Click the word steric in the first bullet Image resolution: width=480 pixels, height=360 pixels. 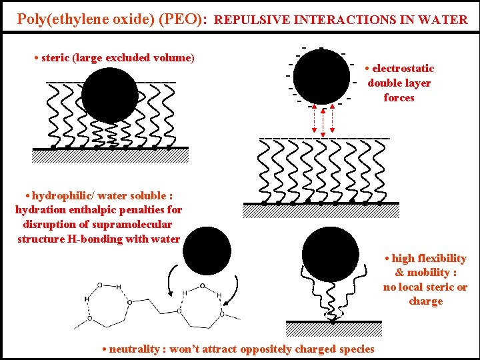coord(55,58)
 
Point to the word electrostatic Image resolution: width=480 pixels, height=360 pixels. coord(403,69)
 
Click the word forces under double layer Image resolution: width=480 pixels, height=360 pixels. coord(399,98)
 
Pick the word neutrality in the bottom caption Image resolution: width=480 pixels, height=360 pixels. coord(134,349)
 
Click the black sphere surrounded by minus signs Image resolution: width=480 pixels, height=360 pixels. coord(321,75)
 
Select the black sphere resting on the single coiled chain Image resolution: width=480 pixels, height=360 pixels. coord(329,253)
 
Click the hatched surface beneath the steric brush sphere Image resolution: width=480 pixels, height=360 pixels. coord(111,156)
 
